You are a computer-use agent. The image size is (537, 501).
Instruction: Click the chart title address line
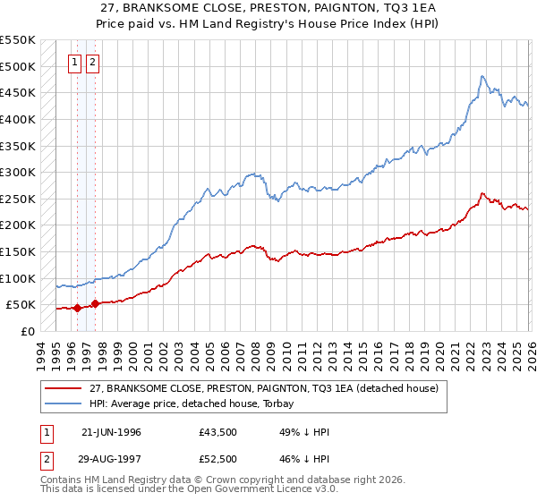(x=268, y=7)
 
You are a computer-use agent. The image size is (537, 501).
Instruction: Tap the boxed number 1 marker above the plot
(x=76, y=63)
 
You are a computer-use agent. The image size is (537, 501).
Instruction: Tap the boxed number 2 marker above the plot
(x=93, y=63)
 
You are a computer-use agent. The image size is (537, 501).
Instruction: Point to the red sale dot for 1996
(x=77, y=308)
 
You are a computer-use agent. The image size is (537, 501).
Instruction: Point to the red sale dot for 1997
(x=95, y=303)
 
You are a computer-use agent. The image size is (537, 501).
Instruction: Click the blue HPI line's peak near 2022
(x=482, y=77)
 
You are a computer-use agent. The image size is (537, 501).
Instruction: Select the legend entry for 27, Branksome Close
(x=263, y=389)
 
